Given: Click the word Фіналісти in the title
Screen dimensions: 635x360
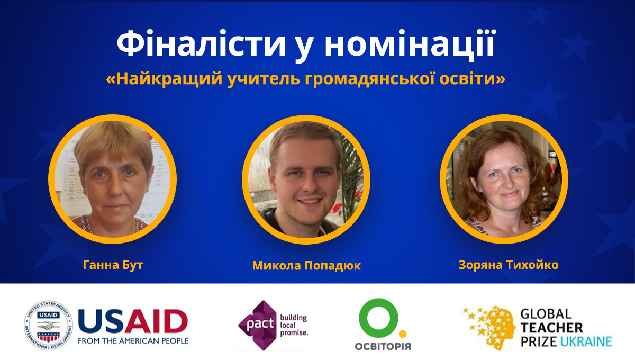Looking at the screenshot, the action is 201,44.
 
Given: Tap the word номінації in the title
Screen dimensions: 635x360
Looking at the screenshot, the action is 410,44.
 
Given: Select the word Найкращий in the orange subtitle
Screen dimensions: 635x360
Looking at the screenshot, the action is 169,79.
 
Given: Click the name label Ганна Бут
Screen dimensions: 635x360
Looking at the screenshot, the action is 113,265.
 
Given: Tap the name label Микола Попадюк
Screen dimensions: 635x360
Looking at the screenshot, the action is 306,266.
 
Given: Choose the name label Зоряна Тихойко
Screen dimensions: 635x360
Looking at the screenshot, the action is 509,265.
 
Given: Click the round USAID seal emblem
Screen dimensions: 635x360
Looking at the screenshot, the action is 48,325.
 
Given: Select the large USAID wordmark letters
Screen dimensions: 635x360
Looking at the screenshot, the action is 133,322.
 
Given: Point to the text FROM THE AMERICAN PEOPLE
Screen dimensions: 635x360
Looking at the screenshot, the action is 133,341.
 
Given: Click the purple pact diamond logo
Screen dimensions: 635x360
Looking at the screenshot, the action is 257,326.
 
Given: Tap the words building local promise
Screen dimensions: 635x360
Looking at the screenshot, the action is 294,325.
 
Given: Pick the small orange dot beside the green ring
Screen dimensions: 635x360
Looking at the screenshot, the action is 403,334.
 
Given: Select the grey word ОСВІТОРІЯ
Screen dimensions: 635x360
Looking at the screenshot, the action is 383,346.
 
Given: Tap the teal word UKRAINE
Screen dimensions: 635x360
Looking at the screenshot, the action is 586,341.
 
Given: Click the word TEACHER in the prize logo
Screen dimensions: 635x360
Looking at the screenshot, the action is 551,328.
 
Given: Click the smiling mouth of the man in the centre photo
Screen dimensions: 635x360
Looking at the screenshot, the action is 309,202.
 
